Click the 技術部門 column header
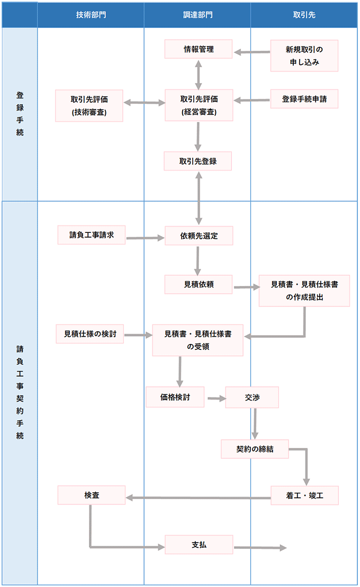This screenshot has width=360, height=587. pyautogui.click(x=91, y=15)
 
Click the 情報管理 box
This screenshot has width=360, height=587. pyautogui.click(x=198, y=50)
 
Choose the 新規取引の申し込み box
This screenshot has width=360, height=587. pyautogui.click(x=304, y=56)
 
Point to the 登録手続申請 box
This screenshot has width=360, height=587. pyautogui.click(x=304, y=99)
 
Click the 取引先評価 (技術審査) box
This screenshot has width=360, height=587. pyautogui.click(x=89, y=105)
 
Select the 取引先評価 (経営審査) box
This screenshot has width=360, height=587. pyautogui.click(x=198, y=105)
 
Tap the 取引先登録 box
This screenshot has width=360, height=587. pyautogui.click(x=198, y=161)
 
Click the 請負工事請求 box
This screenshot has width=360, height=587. pyautogui.click(x=92, y=234)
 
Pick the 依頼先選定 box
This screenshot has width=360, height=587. pyautogui.click(x=199, y=236)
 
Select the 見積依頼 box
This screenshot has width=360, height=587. pyautogui.click(x=199, y=284)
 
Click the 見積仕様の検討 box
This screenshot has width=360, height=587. pyautogui.click(x=90, y=334)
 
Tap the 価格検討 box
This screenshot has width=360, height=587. pyautogui.click(x=175, y=397)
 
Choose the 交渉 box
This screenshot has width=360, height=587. pyautogui.click(x=252, y=398)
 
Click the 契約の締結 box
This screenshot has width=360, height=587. pyautogui.click(x=255, y=449)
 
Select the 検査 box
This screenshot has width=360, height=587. pyautogui.click(x=92, y=495)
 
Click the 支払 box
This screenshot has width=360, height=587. pyautogui.click(x=199, y=544)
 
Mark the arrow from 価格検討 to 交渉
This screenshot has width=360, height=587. pyautogui.click(x=215, y=398)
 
